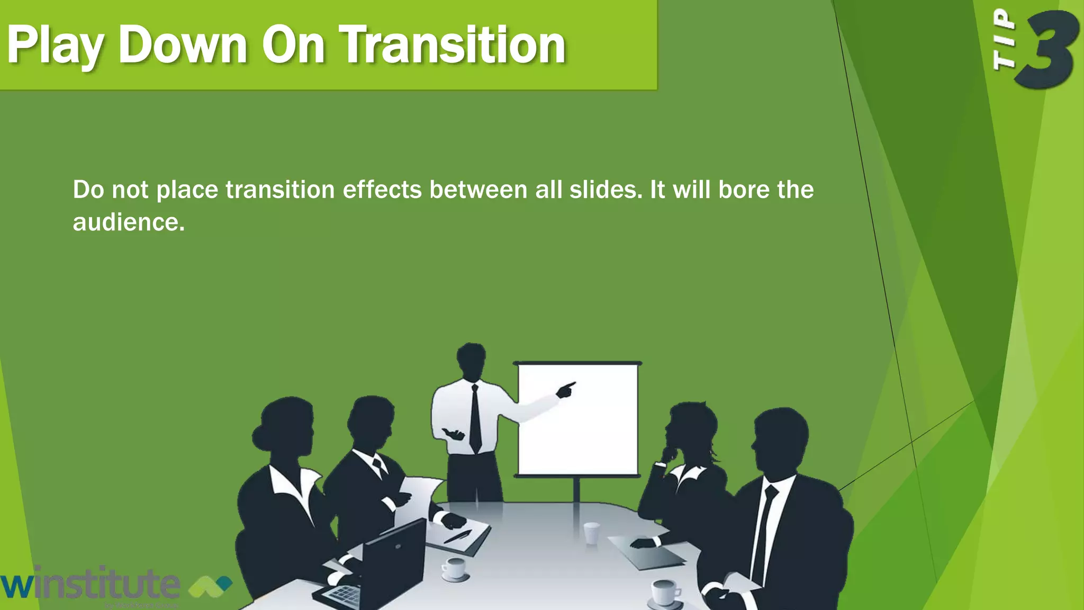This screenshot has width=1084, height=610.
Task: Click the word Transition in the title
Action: [453, 46]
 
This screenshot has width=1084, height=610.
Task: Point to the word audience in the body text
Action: [128, 222]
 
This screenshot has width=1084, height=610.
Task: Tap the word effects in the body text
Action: [382, 190]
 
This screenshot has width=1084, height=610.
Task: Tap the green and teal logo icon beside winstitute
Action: [210, 586]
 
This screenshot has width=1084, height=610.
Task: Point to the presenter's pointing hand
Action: [565, 390]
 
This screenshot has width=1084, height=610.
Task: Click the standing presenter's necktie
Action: [475, 418]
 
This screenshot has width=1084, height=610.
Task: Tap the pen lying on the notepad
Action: [457, 536]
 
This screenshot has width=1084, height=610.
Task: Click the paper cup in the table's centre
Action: [591, 532]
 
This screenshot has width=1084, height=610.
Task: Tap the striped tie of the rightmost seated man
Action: [763, 535]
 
